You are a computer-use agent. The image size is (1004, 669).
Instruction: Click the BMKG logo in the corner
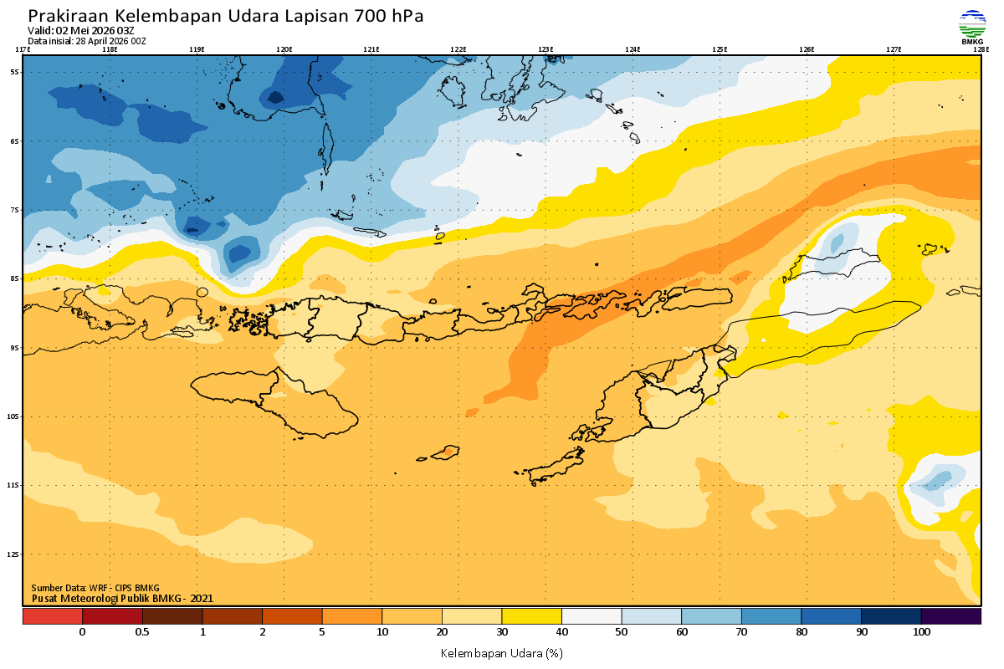[971, 26]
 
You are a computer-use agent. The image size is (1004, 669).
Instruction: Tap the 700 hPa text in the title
[389, 16]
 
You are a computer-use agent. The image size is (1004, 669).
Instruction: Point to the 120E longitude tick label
[284, 49]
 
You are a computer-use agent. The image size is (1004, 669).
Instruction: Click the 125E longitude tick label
[720, 49]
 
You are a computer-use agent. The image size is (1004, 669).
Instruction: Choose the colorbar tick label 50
[622, 632]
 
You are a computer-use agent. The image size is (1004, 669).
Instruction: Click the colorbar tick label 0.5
[142, 632]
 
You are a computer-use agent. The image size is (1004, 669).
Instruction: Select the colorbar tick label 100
[921, 632]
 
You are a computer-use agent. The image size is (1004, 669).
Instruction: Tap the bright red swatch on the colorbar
[52, 616]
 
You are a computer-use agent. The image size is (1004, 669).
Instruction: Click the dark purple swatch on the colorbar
[950, 616]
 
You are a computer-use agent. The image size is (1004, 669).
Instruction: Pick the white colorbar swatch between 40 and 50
[592, 616]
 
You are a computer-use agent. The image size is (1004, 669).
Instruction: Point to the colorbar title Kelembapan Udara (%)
[501, 652]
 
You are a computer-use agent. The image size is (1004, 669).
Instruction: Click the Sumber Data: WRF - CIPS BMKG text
[95, 588]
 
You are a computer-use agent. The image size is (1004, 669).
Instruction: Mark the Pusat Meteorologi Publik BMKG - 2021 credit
[122, 598]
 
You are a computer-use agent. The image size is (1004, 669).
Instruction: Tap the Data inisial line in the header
[87, 40]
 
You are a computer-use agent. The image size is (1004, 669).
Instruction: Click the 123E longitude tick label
[546, 49]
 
